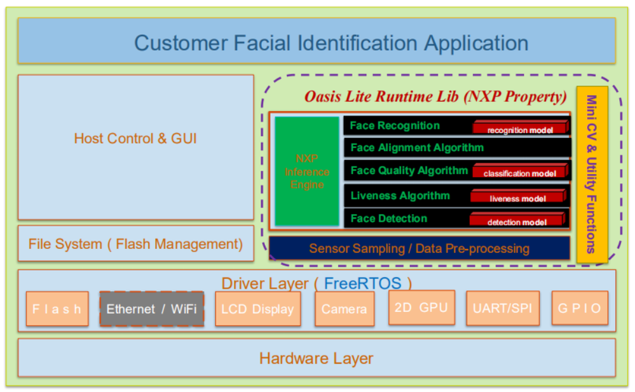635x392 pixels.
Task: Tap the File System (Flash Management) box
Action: (135, 244)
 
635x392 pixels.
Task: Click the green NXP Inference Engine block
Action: (307, 172)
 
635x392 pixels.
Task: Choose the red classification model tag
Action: (519, 172)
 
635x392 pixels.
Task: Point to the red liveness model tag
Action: (517, 197)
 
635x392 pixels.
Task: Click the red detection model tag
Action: (517, 221)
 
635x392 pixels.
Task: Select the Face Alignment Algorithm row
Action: (417, 147)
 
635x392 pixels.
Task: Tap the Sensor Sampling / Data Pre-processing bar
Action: (419, 248)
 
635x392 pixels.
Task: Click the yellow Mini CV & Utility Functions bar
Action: (592, 174)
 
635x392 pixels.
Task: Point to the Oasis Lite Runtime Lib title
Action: (435, 97)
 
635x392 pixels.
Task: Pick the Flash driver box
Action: (57, 309)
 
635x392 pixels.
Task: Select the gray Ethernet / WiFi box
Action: (151, 309)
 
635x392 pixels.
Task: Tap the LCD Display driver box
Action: (257, 309)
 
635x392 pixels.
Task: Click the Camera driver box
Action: (344, 309)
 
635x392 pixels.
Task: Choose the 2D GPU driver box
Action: (421, 308)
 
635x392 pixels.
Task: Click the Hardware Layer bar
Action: (317, 358)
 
